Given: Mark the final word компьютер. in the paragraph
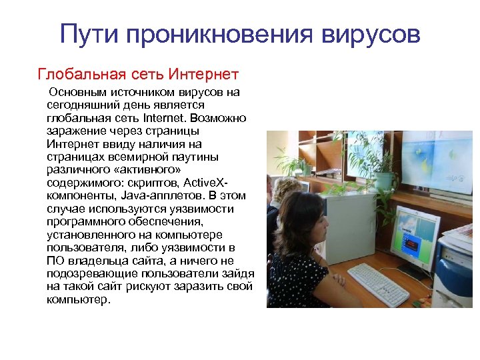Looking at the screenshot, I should tap(77, 299).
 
